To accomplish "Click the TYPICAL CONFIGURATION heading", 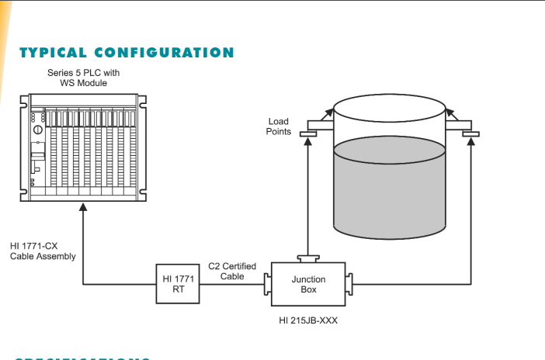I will (125, 53).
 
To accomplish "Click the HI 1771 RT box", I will (179, 284).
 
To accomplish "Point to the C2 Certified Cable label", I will (234, 272).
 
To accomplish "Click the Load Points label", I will (279, 126).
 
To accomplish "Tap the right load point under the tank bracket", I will (470, 133).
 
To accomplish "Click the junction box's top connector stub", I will (307, 258).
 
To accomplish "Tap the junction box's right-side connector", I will (349, 285).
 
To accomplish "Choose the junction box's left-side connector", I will (267, 285).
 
